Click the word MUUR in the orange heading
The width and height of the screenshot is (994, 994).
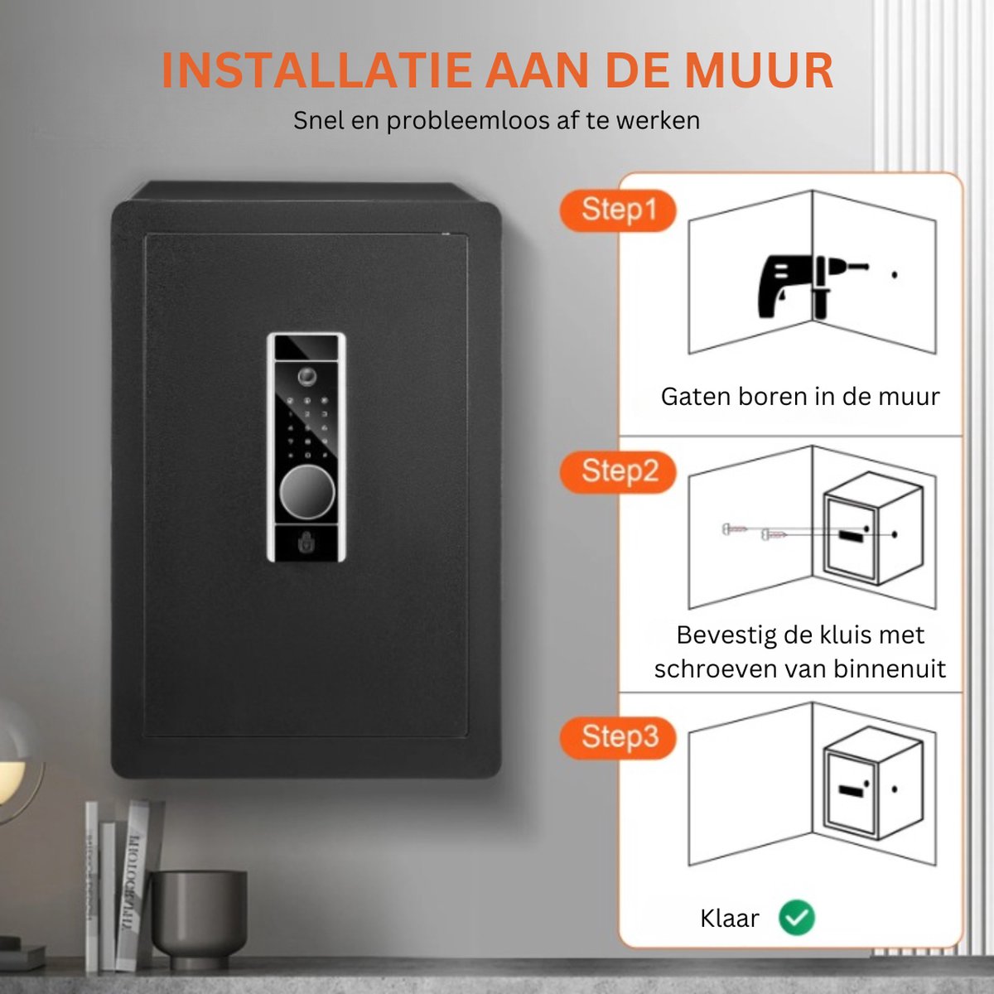point(760,70)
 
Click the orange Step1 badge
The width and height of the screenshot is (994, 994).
point(618,210)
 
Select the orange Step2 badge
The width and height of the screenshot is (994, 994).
point(619,471)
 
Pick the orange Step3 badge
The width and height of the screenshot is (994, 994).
point(619,736)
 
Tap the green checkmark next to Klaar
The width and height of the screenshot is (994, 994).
point(797,918)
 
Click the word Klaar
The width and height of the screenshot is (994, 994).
point(729,919)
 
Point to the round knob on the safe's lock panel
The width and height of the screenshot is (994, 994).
point(306,495)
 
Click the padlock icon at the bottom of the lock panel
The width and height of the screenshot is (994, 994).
point(306,543)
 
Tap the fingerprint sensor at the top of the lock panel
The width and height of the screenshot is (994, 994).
point(307,377)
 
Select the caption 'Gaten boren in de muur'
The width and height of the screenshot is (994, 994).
point(800,397)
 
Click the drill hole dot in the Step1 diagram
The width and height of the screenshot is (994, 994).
point(895,275)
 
